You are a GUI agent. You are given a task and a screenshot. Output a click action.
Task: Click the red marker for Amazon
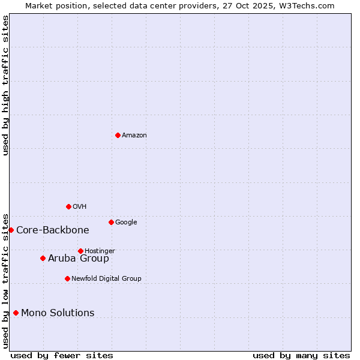[x=118, y=135]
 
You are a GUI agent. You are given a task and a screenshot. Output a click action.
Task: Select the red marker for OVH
[x=68, y=206]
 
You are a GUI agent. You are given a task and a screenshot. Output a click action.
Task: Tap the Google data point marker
[x=111, y=222]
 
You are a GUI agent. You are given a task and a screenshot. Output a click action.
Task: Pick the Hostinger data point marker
[x=80, y=251]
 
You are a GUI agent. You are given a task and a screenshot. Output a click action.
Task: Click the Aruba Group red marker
[x=43, y=258]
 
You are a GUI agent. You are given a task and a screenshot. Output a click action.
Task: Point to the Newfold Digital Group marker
[x=67, y=278]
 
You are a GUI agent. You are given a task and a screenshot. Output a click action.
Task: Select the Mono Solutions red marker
[x=16, y=313]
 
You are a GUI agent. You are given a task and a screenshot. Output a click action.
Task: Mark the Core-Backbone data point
[x=11, y=230]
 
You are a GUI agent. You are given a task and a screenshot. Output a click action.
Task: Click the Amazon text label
[x=134, y=136]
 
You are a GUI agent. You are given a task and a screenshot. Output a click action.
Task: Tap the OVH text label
[x=80, y=207]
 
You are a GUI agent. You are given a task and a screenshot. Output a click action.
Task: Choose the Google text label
[x=126, y=223]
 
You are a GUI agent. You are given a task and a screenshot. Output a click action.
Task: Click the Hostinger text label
[x=100, y=251]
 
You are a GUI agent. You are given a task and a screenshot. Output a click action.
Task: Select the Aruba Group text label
[x=79, y=259]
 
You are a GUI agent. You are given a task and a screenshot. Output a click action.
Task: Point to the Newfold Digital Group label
[x=106, y=279]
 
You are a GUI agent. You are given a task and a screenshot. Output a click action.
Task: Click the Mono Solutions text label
[x=58, y=313]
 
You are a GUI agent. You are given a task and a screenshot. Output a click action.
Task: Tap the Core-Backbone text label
[x=53, y=230]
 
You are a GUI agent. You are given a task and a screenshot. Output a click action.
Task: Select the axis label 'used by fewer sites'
[x=62, y=356]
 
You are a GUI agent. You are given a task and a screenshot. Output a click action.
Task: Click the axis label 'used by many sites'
[x=301, y=356]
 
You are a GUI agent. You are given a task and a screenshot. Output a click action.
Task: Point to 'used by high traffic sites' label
[x=5, y=85]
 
